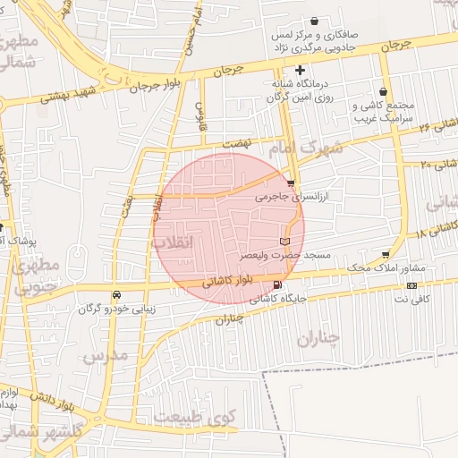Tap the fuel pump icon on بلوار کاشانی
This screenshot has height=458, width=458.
tap(262, 286)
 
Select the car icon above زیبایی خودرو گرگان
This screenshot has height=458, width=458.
tap(116, 295)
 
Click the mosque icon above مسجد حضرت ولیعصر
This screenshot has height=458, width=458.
tap(285, 242)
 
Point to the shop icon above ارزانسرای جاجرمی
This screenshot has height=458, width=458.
tap(291, 182)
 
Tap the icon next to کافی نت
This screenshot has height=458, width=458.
tap(411, 285)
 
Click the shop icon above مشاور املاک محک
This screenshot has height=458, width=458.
tap(386, 256)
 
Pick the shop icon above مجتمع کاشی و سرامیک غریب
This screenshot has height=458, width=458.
tap(384, 91)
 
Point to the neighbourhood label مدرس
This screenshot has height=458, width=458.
tap(106, 356)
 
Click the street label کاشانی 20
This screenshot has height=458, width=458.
tap(438, 164)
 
